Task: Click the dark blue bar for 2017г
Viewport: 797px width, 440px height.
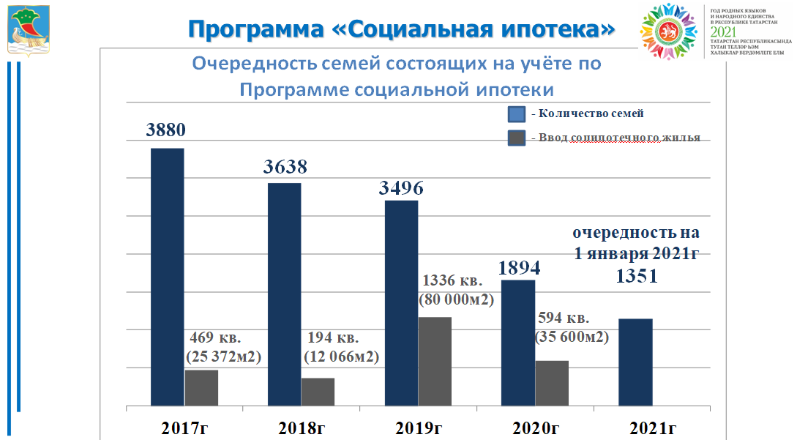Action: [167, 277]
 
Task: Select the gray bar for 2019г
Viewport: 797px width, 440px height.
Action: [435, 361]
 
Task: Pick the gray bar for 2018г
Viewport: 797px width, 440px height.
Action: [318, 392]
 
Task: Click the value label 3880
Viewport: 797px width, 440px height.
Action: [166, 130]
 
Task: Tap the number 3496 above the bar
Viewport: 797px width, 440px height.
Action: [401, 187]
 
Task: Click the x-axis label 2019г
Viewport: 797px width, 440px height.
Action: [417, 428]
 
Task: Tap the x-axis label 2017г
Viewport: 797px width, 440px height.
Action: [185, 428]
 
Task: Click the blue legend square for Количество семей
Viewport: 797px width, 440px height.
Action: [517, 113]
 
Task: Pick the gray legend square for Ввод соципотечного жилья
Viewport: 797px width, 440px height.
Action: [517, 138]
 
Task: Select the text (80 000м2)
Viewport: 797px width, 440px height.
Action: [456, 299]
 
